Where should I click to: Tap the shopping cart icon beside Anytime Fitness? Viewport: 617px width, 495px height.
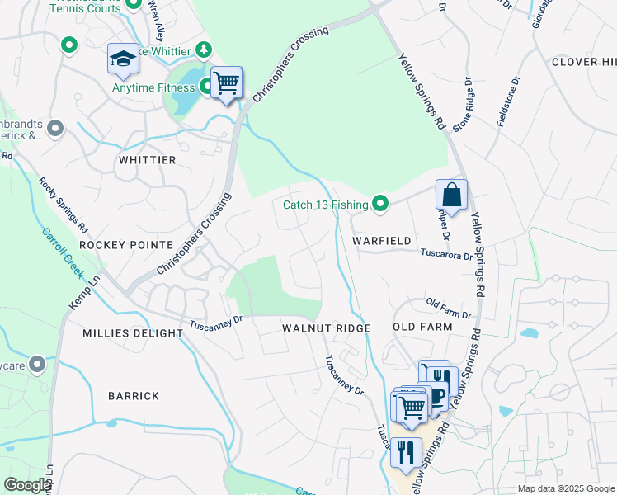226,82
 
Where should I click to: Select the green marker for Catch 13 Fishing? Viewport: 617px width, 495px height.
380,202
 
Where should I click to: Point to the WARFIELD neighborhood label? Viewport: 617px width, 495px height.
382,241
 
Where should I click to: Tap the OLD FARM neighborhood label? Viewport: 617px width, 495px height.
422,327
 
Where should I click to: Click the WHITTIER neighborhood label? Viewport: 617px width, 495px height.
148,159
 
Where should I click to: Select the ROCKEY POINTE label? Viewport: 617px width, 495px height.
126,245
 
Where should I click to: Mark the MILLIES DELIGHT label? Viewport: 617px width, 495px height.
133,333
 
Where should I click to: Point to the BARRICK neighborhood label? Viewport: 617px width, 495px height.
134,396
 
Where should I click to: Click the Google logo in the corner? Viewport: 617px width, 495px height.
26,485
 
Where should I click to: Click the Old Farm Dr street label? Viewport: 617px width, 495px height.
448,309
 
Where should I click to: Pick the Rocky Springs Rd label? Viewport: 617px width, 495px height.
63,203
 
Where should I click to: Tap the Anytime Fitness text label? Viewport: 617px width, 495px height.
155,87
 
